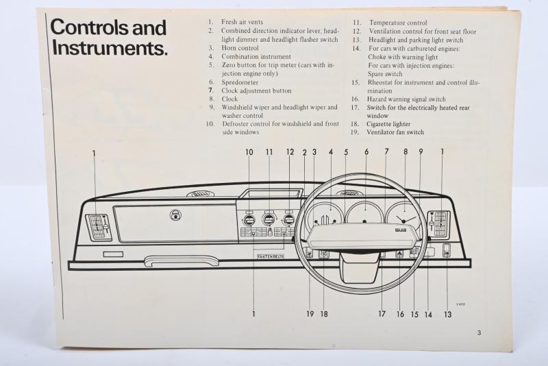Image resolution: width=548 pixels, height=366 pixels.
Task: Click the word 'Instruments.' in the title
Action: pos(110,49)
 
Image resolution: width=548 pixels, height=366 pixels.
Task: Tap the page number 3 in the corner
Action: pos(480,333)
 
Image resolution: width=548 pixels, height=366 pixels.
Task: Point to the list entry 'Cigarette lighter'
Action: pos(390,124)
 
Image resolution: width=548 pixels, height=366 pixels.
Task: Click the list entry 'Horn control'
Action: pos(239,49)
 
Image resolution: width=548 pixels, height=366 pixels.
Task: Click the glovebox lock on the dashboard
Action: pos(176,215)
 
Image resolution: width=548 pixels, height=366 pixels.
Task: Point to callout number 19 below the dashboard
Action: pos(309,314)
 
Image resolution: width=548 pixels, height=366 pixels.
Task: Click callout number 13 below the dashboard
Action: pos(447,314)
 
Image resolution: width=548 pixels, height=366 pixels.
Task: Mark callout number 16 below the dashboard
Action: pos(400,314)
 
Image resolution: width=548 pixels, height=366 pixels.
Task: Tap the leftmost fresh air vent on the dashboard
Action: pos(99,226)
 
